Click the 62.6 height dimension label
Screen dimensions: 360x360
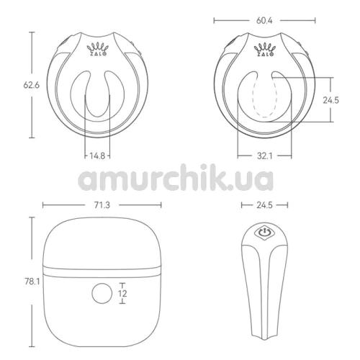click(32, 85)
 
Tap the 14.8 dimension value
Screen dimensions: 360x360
click(97, 156)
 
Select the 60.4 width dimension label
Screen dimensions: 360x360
click(264, 21)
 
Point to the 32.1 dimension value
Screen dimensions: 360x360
click(265, 156)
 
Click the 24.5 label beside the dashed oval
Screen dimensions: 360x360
click(330, 100)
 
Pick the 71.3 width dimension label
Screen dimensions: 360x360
click(102, 205)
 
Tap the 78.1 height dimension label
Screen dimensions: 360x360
click(32, 282)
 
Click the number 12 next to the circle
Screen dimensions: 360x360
click(122, 294)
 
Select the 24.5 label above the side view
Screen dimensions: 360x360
click(264, 205)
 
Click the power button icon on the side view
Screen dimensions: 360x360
click(264, 233)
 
